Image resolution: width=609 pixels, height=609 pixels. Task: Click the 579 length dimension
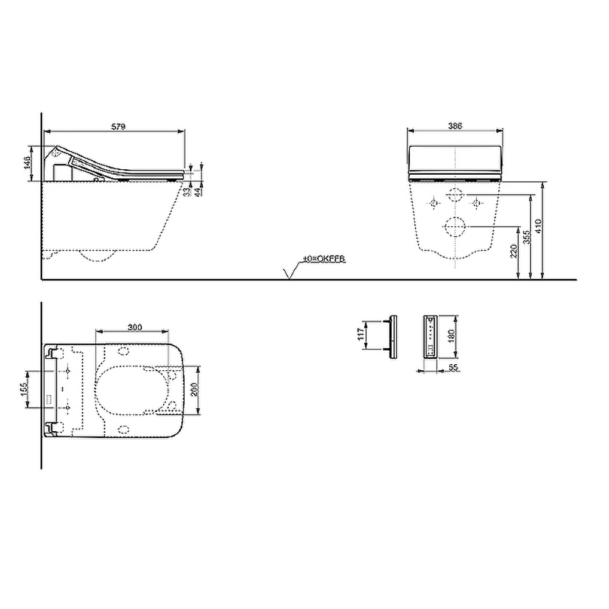(x=118, y=127)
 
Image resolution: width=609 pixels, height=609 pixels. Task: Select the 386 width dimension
(x=455, y=125)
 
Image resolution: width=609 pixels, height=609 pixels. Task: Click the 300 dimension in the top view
(x=135, y=328)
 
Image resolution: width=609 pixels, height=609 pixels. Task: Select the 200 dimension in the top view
(x=194, y=390)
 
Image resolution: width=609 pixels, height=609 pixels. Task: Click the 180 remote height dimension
(x=451, y=337)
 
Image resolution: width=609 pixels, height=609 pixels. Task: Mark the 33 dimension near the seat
(x=188, y=191)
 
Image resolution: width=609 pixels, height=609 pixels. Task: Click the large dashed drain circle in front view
(x=454, y=227)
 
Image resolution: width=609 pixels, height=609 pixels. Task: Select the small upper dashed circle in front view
(x=454, y=195)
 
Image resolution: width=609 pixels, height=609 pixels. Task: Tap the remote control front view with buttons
(x=430, y=337)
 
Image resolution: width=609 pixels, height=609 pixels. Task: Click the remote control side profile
(x=393, y=337)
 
